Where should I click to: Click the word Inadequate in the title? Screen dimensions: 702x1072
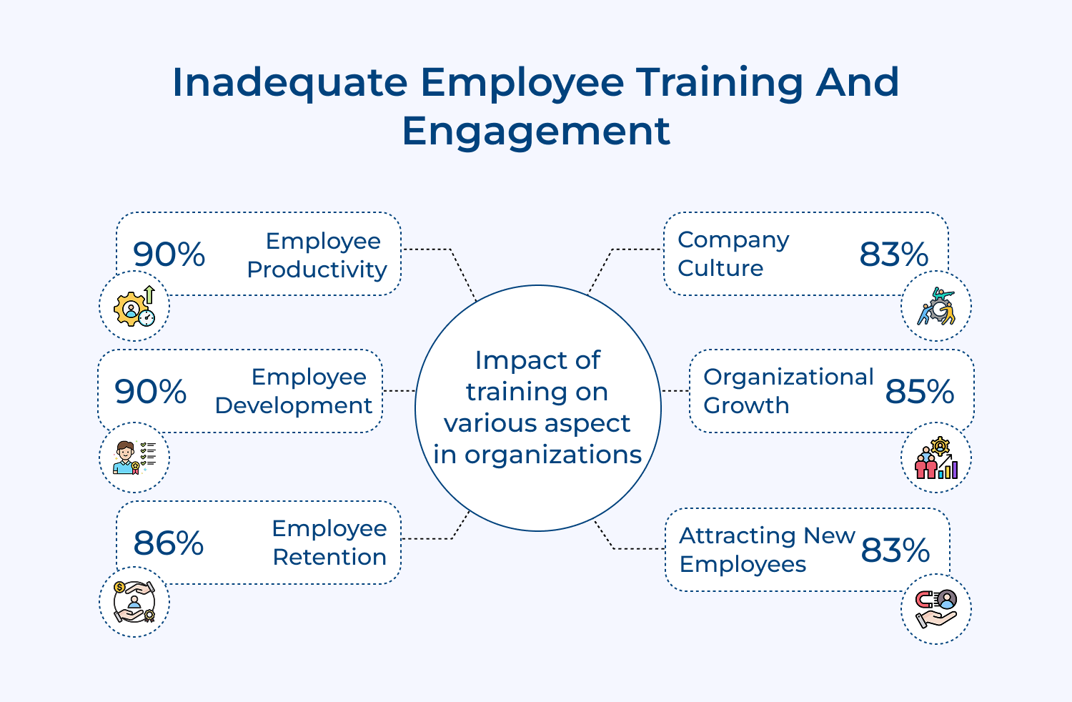pos(289,82)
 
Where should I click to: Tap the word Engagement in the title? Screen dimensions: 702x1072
pos(536,131)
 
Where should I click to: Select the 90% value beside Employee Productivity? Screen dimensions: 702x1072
pos(169,254)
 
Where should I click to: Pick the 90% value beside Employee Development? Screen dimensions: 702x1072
pos(151,392)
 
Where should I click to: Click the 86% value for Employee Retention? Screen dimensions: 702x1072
pos(169,543)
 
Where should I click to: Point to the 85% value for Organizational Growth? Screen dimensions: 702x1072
pos(920,392)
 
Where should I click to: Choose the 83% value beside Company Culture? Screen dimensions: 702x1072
pos(894,254)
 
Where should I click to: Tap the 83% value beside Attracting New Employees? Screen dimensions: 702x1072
pos(895,550)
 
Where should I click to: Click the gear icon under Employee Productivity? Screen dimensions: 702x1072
pos(134,307)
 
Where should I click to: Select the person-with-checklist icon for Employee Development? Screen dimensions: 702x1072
pos(134,458)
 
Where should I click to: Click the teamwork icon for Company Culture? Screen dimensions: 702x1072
pos(936,307)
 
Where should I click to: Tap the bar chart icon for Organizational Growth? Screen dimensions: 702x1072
pos(936,458)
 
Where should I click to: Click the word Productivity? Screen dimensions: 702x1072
pos(317,270)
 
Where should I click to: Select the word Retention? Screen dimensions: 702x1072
pos(329,558)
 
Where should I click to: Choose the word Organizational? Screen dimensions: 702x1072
pos(788,377)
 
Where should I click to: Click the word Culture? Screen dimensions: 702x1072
pos(720,269)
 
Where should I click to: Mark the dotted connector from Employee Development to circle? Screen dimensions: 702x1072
pos(399,391)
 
